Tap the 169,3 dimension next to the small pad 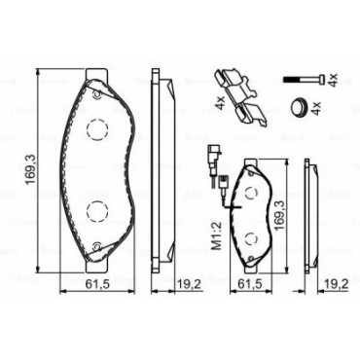click(x=279, y=215)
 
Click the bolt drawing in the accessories click(x=304, y=80)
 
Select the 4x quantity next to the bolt click(x=333, y=80)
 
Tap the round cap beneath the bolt click(x=300, y=106)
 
